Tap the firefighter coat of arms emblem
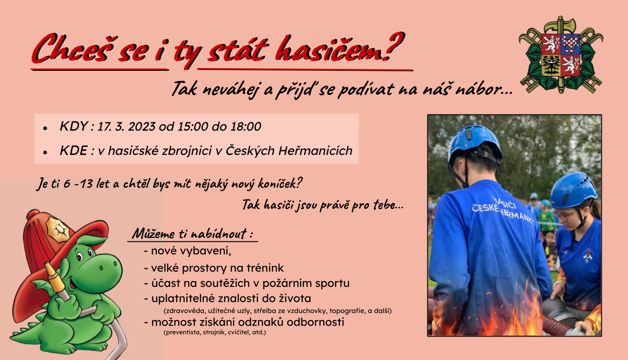click(x=561, y=55)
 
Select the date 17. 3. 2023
click(x=126, y=126)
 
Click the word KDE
click(x=74, y=151)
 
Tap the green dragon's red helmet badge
click(x=58, y=230)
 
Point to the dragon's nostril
click(x=115, y=263)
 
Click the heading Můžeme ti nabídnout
click(x=192, y=234)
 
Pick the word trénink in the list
click(x=265, y=268)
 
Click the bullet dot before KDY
click(x=45, y=128)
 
